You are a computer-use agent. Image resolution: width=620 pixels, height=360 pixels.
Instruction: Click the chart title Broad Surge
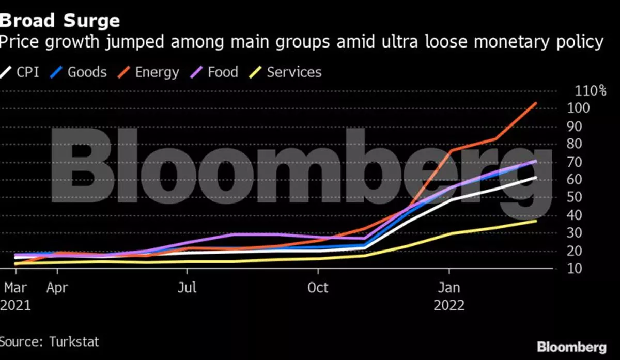[60, 21]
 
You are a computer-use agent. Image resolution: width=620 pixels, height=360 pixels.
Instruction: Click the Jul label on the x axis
[187, 287]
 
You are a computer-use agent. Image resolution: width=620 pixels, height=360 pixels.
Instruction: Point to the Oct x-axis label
[318, 287]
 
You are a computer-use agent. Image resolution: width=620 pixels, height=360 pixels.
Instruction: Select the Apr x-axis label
[57, 287]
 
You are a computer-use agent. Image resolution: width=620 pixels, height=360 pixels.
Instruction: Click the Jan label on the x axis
[450, 287]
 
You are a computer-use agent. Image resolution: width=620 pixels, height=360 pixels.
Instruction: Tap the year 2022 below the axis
[450, 305]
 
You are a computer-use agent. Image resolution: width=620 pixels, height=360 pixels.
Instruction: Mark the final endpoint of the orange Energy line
[536, 103]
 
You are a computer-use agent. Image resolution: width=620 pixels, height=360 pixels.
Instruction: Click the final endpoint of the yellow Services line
[536, 221]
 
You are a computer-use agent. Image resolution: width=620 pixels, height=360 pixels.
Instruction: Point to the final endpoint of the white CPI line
[536, 177]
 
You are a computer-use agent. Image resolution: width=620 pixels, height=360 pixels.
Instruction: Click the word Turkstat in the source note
[74, 341]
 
